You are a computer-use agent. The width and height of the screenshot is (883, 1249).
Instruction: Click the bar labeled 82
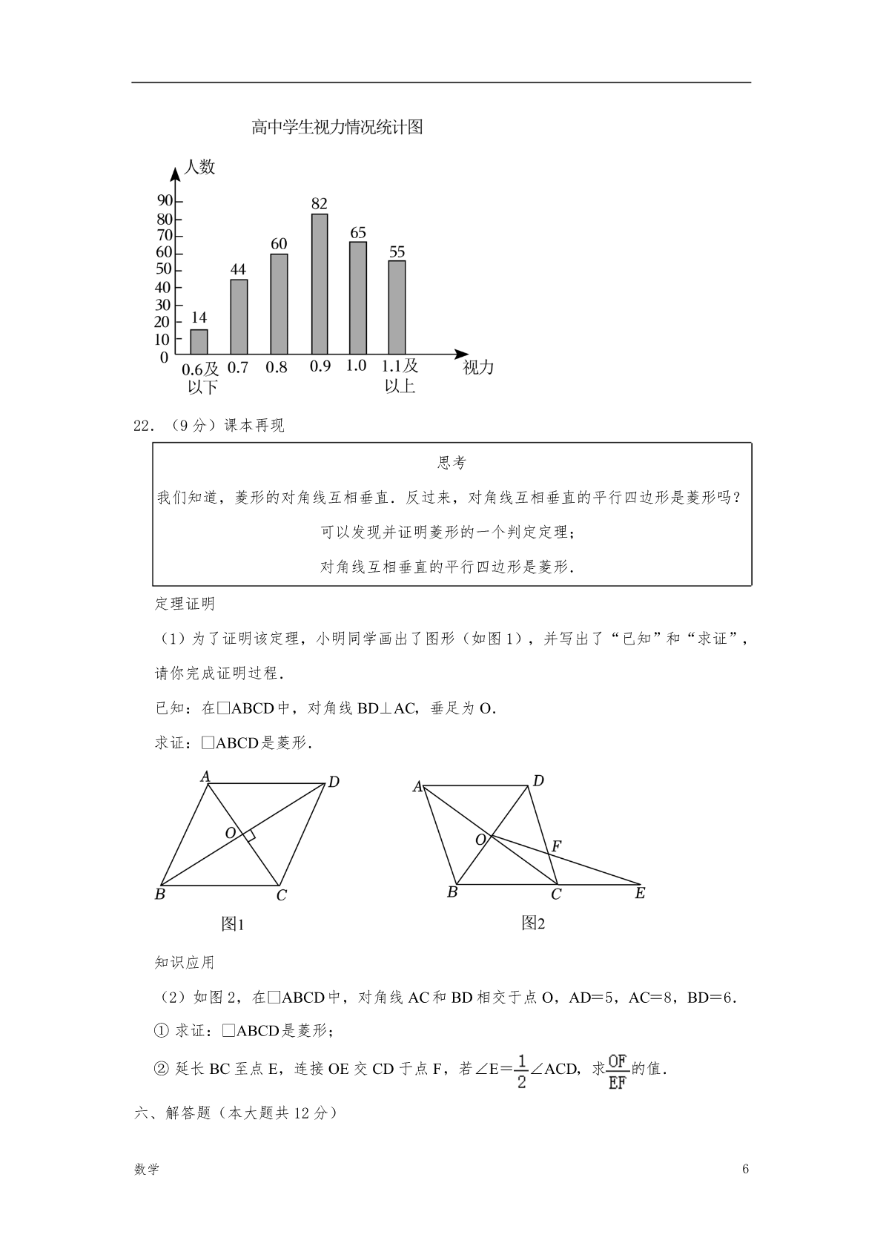pos(320,283)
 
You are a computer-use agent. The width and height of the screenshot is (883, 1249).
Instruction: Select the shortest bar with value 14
pos(199,341)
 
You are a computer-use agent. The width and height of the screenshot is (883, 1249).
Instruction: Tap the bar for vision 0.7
pos(239,317)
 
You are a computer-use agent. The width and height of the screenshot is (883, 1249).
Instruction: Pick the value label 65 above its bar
pos(358,233)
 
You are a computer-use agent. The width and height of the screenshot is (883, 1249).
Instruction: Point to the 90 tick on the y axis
pos(164,201)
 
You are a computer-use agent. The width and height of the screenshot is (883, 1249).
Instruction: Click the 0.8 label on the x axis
pos(277,367)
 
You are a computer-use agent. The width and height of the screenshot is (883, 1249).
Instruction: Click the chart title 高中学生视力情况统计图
pos(337,128)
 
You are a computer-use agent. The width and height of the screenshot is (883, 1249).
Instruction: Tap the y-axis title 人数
pos(199,167)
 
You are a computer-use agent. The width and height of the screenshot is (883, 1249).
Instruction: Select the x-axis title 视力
pos(478,368)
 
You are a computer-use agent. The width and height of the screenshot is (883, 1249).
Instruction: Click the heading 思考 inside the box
pos(452,464)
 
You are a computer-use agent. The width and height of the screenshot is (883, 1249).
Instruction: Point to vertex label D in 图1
pos(334,782)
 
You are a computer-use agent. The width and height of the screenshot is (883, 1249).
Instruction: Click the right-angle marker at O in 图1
pos(251,836)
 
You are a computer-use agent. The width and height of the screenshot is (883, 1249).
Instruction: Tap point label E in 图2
pos(640,894)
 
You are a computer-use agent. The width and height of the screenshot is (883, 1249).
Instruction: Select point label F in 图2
pos(557,846)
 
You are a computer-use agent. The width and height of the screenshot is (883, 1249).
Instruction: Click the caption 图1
pos(233,924)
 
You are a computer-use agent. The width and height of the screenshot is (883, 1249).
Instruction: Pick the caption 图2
pos(533,923)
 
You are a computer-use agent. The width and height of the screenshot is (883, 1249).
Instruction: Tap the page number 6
pos(745,1170)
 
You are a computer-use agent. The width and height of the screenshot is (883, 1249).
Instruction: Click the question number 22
pos(142,426)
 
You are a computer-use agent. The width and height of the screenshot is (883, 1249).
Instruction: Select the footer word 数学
pos(147,1170)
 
